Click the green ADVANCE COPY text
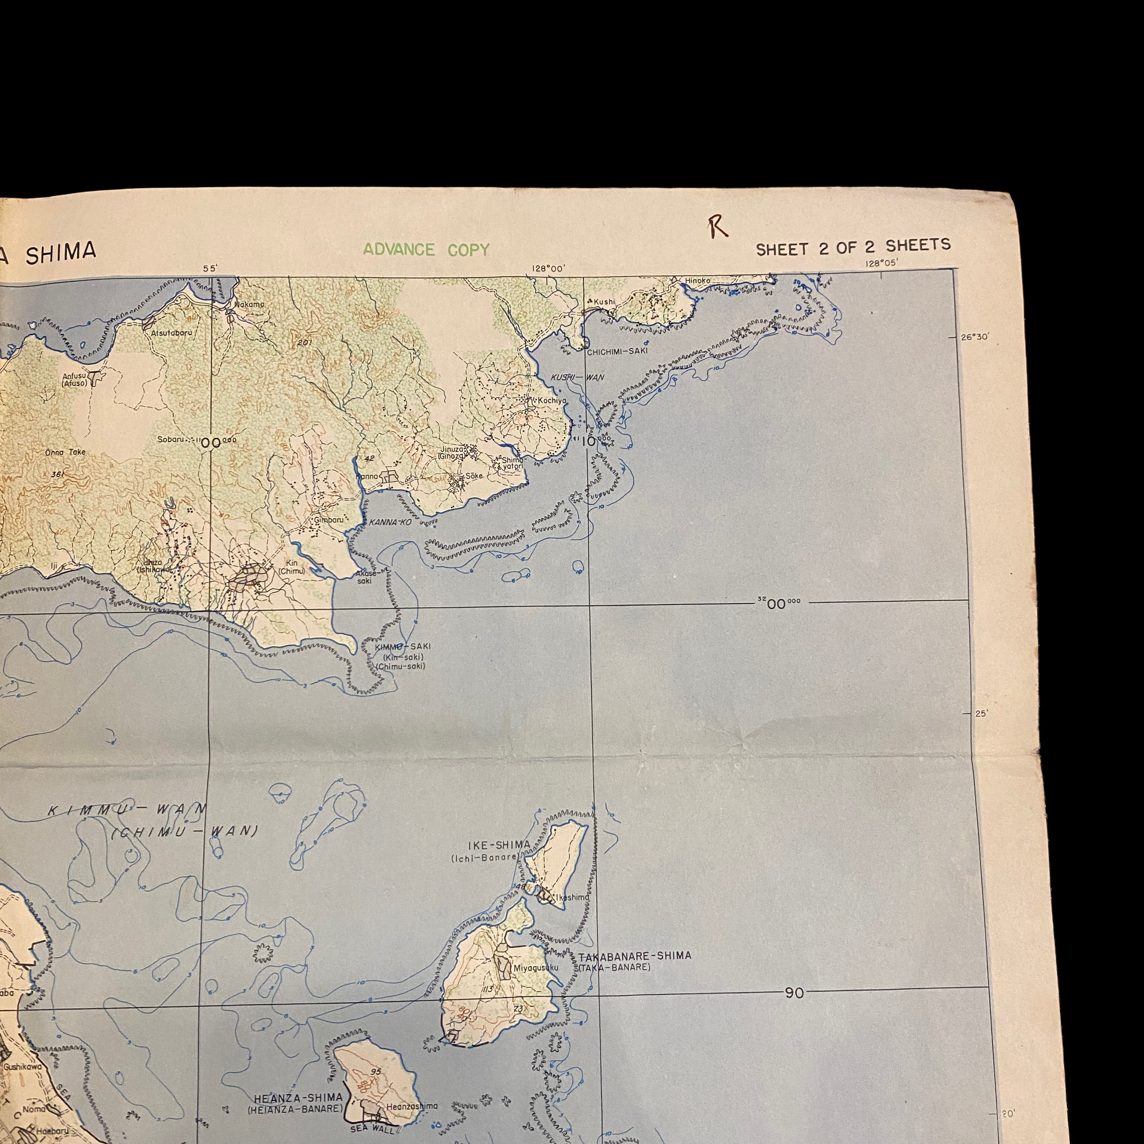coord(426,250)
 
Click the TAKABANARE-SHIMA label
coord(635,956)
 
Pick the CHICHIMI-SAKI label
coord(617,351)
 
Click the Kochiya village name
coord(552,401)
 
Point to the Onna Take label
coord(65,453)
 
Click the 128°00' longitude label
coord(548,268)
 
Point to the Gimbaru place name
coord(329,519)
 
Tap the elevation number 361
coord(58,474)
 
